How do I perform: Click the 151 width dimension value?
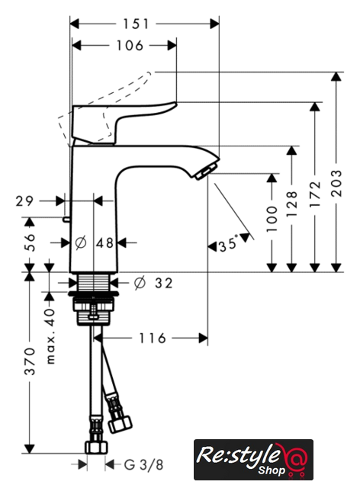click(136, 24)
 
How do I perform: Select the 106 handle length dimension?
click(130, 46)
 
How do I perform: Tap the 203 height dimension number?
click(336, 183)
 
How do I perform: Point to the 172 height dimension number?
click(315, 194)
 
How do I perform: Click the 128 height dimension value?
click(291, 204)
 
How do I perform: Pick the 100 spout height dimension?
click(272, 219)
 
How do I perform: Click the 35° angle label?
click(228, 243)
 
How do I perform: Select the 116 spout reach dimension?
click(152, 339)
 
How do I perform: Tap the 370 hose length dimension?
click(30, 361)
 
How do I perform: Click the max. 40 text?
click(50, 336)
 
